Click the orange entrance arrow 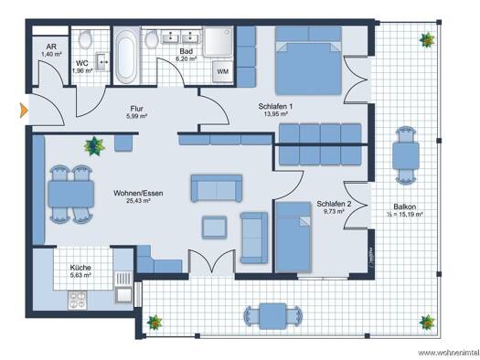(x=24, y=111)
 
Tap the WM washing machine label (x=222, y=71)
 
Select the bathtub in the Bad (x=126, y=58)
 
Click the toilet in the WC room (x=85, y=39)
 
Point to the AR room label (x=51, y=47)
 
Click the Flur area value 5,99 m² (x=136, y=116)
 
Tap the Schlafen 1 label (x=275, y=106)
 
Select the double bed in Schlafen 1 (x=308, y=61)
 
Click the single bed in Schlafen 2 (x=293, y=237)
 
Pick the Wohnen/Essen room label (x=138, y=194)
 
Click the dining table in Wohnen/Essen (x=70, y=195)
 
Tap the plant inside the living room (x=94, y=146)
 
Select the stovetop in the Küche (x=78, y=300)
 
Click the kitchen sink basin (x=123, y=295)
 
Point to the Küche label (x=80, y=268)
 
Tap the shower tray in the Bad (x=218, y=42)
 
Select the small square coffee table (x=214, y=228)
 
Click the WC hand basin (x=102, y=62)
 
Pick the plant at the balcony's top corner (x=427, y=40)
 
